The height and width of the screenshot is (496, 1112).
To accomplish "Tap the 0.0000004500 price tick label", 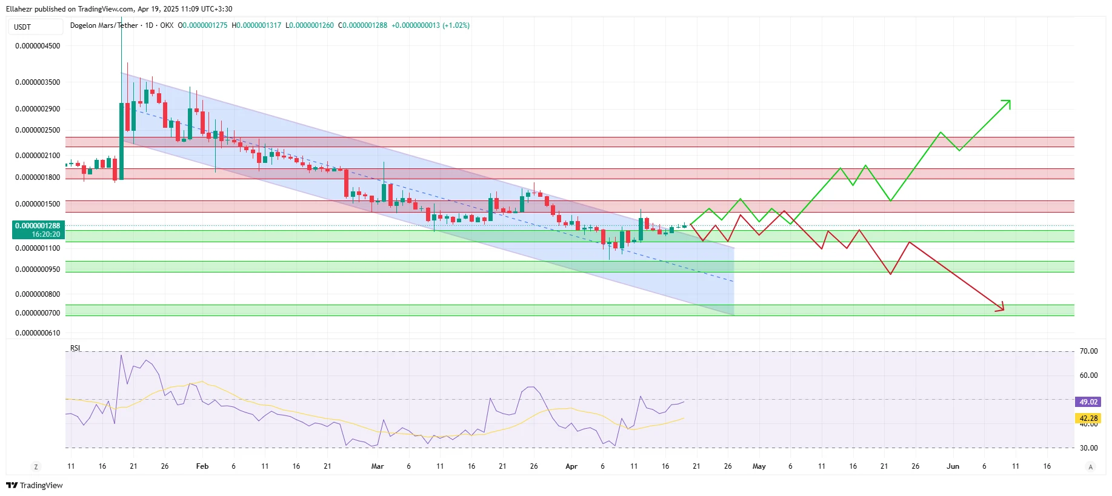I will coord(38,46).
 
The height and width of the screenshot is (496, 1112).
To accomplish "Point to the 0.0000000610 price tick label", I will coord(38,333).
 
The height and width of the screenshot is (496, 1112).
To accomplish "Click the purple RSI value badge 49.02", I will coord(1088,402).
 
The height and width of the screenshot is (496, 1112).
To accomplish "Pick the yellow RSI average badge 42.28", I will coord(1088,418).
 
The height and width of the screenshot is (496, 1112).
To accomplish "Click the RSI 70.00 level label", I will coord(1088,351).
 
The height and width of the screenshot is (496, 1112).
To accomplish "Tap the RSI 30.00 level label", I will coord(1088,448).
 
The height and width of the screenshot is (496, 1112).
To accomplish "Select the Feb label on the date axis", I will coord(202,466).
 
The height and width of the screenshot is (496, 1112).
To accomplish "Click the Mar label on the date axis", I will coord(378,466).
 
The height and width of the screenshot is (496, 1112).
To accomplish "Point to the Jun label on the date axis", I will coord(953,466).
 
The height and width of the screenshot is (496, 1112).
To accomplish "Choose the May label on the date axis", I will coord(759,466).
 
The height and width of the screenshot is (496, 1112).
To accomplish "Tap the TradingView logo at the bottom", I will coord(35,485).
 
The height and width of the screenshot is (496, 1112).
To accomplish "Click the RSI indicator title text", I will coord(75,348).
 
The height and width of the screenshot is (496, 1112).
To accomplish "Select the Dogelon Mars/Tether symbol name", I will coord(104,25).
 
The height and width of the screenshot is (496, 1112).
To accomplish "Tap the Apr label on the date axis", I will coord(571,466).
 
